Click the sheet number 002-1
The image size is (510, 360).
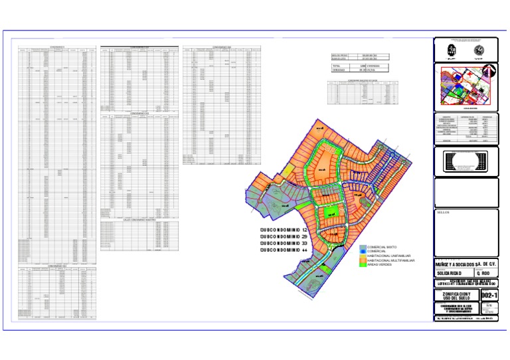pyautogui.click(x=489, y=294)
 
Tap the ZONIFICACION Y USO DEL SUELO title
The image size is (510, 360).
pyautogui.click(x=455, y=295)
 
